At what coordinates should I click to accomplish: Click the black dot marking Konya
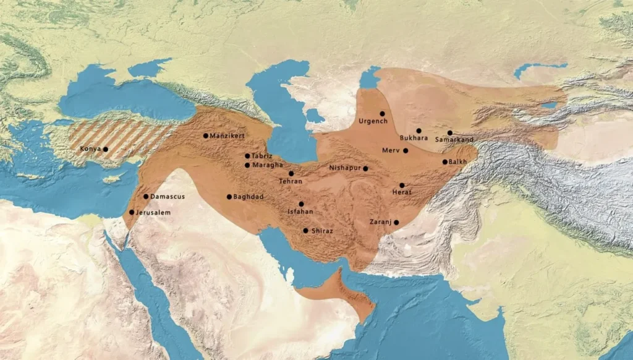(x=106, y=149)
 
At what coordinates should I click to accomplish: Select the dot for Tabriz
(x=247, y=156)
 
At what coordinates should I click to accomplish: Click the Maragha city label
(x=267, y=165)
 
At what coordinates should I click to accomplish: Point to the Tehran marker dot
(x=291, y=173)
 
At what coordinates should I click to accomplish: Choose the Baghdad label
(x=249, y=197)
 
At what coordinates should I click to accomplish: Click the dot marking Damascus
(x=146, y=197)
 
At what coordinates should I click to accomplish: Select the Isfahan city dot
(x=302, y=204)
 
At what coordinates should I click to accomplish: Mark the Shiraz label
(x=323, y=231)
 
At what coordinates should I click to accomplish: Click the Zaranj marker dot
(x=396, y=223)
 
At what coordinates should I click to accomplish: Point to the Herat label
(x=401, y=192)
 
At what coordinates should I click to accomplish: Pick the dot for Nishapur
(x=365, y=168)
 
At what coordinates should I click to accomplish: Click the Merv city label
(x=391, y=150)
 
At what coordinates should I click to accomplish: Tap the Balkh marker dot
(x=445, y=162)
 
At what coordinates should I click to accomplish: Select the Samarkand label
(x=454, y=140)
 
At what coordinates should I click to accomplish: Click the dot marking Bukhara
(x=418, y=131)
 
